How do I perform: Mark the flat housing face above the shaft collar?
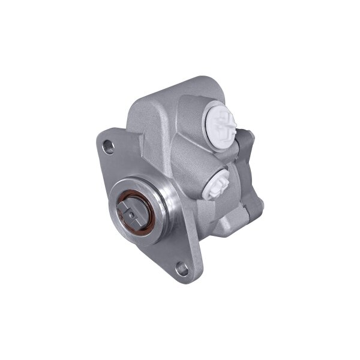tap(150, 150)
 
